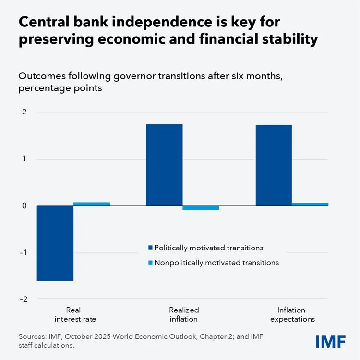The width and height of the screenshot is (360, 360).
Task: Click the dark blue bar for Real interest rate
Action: [55, 243]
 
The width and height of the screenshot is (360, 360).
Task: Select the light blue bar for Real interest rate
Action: [92, 204]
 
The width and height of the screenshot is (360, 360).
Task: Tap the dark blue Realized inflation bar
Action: [164, 165]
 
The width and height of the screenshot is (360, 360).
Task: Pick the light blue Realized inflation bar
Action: [201, 208]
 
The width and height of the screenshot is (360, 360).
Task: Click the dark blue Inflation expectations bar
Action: [274, 165]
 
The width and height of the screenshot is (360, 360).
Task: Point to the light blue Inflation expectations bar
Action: [310, 204]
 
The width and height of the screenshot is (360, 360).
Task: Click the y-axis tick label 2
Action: [24, 112]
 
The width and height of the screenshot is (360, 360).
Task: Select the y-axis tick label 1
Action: [24, 159]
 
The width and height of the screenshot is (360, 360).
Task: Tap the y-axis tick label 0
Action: [24, 206]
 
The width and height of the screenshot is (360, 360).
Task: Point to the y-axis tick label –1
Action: [23, 252]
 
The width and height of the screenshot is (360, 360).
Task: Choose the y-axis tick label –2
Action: [23, 299]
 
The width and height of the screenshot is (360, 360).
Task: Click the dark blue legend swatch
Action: [150, 248]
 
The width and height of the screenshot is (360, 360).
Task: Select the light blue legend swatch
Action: [150, 263]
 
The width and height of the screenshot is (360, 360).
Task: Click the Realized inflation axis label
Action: [184, 314]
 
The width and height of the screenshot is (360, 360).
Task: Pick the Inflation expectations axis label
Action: [292, 314]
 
